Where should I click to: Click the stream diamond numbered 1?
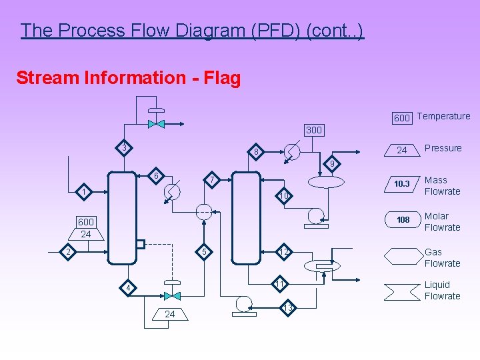[x=83, y=193]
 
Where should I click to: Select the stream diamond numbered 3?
[x=123, y=147]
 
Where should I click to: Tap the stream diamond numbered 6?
[x=156, y=176]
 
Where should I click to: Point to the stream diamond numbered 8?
[x=256, y=153]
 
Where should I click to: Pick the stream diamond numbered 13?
[x=287, y=307]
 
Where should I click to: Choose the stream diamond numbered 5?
[x=205, y=251]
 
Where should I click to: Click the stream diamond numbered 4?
[x=129, y=289]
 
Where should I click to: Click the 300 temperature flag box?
[x=313, y=130]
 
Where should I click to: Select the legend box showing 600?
[x=401, y=118]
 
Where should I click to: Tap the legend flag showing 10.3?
[x=401, y=184]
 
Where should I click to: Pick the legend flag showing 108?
[x=402, y=220]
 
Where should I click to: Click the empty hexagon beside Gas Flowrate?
[x=401, y=256]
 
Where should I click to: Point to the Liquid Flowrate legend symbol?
[x=401, y=290]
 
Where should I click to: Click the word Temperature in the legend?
[x=443, y=116]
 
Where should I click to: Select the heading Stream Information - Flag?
[x=128, y=78]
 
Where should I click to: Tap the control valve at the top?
[x=157, y=123]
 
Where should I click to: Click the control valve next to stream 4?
[x=172, y=295]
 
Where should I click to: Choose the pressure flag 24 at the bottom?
[x=170, y=314]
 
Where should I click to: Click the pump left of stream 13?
[x=242, y=303]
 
